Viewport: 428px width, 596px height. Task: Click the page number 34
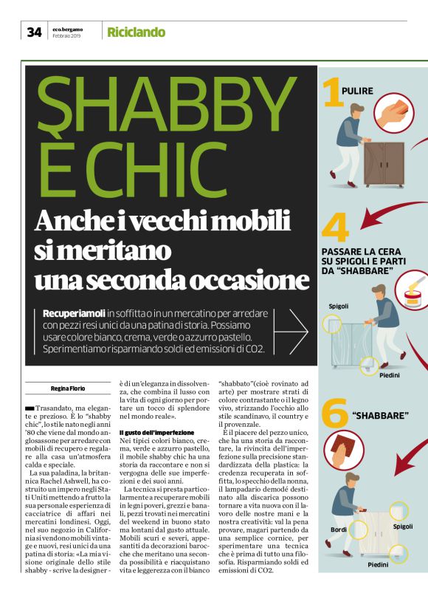[x=34, y=32]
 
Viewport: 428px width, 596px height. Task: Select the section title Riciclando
[x=136, y=32]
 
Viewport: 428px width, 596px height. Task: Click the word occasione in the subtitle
[x=246, y=280]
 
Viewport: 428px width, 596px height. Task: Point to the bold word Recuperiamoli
[x=75, y=313]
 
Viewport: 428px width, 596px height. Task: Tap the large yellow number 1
[x=334, y=95]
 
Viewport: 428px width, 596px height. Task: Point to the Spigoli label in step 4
[x=339, y=306]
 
